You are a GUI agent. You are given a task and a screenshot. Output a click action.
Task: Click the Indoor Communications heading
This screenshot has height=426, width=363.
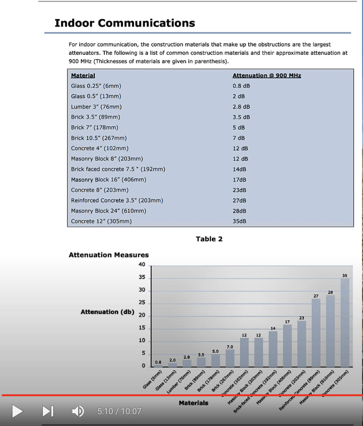click(x=125, y=23)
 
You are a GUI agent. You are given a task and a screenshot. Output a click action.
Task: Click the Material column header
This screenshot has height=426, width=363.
click(x=83, y=76)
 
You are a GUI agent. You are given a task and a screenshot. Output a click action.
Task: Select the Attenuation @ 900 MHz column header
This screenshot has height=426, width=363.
click(x=267, y=76)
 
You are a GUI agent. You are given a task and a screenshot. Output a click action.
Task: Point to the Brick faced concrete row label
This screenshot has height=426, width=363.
click(x=118, y=169)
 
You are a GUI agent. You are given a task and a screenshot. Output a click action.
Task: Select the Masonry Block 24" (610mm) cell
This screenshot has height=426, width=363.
click(x=108, y=211)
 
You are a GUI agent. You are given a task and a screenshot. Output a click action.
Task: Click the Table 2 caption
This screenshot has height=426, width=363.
click(x=209, y=239)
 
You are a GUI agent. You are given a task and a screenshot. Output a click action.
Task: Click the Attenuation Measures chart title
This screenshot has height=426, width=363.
click(x=109, y=255)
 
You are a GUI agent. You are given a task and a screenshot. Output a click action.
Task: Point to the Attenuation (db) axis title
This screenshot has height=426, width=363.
click(x=107, y=312)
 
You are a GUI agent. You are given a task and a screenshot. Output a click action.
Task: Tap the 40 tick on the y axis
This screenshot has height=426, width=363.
click(x=142, y=265)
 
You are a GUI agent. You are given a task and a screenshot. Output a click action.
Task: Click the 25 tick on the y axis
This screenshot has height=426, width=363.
click(x=142, y=302)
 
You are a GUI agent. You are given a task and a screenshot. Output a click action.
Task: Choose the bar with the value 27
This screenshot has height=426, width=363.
click(x=316, y=332)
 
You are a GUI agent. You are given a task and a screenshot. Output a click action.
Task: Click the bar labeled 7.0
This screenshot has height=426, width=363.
click(x=230, y=358)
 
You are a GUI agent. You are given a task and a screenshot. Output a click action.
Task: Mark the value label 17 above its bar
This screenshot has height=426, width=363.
click(x=287, y=322)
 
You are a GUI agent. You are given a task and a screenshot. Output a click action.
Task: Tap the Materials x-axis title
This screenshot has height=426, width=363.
click(x=194, y=403)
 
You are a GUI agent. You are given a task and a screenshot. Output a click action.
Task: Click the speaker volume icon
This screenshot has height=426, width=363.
click(x=78, y=411)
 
